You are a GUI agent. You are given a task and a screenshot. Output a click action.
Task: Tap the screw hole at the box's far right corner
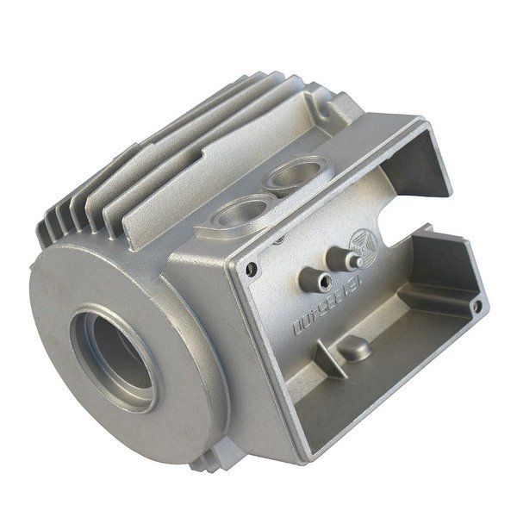point(475,304)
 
